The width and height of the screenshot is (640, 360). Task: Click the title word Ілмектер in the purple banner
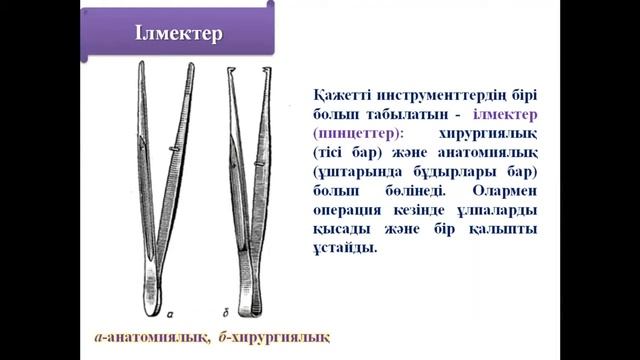click(x=179, y=33)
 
